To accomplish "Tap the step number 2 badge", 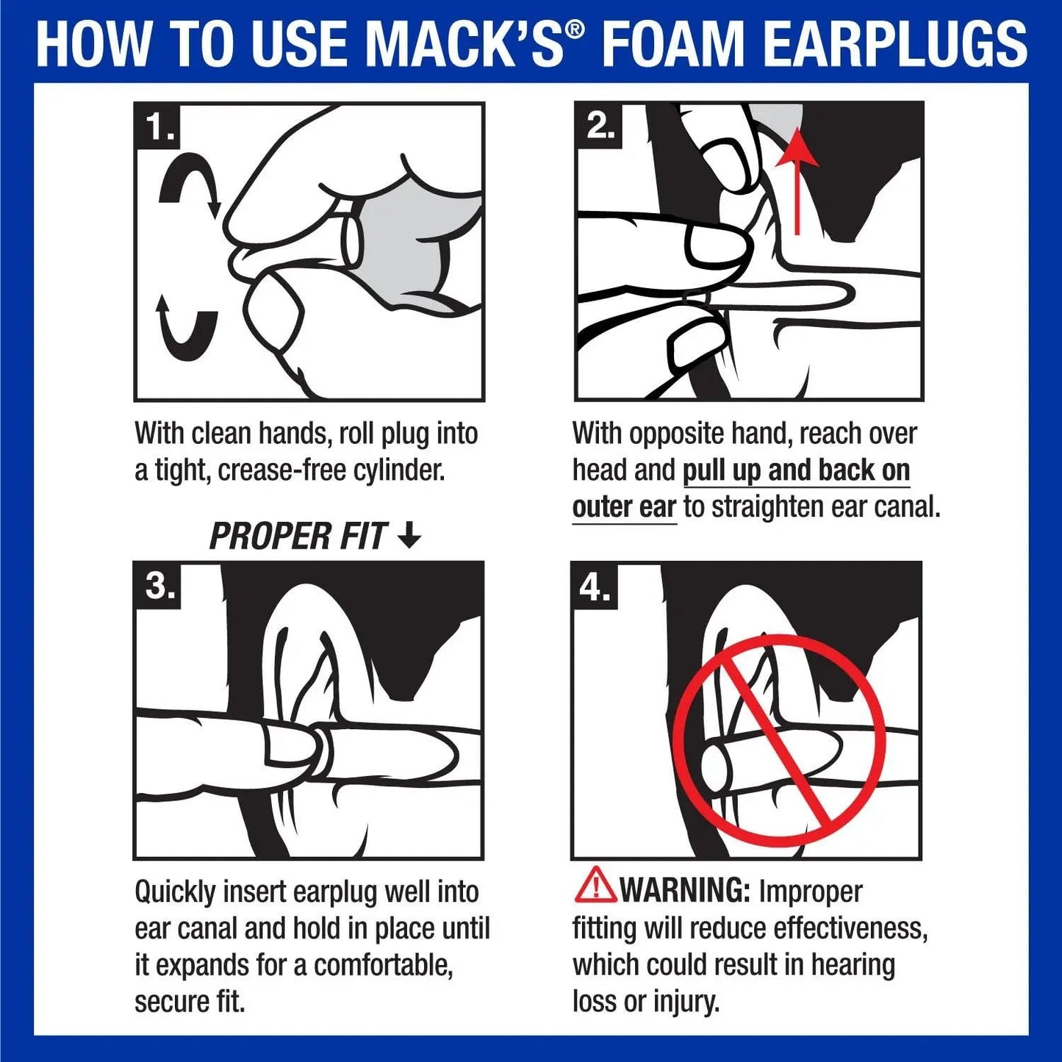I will click(x=598, y=126).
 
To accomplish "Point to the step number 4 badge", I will click(x=595, y=586).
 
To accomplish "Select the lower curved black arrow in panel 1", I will click(x=187, y=330).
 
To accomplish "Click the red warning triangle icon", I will click(x=595, y=886).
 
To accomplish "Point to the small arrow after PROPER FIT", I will click(x=409, y=536).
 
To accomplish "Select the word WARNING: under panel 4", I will click(x=684, y=891).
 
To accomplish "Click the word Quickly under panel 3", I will click(x=175, y=892).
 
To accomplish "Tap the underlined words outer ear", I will click(x=624, y=507).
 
